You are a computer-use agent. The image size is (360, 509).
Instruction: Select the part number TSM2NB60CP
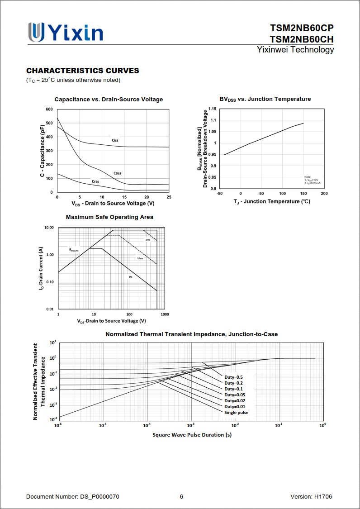(x=302, y=29)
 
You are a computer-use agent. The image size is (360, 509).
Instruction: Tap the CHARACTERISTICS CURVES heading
(x=83, y=71)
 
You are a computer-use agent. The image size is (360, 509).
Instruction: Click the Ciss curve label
(x=115, y=140)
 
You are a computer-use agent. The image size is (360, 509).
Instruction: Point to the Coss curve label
(x=117, y=173)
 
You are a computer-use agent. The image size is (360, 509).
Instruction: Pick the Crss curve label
(x=95, y=181)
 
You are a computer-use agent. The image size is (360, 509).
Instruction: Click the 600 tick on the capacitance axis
(x=49, y=109)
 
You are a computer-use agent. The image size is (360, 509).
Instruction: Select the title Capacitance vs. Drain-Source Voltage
(x=109, y=100)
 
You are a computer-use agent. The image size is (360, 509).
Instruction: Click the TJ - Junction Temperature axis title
(x=272, y=201)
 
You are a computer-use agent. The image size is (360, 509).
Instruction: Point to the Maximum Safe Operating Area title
(x=109, y=217)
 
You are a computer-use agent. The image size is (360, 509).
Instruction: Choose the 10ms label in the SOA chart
(x=140, y=258)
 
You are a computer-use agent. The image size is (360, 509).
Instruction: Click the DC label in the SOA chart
(x=131, y=276)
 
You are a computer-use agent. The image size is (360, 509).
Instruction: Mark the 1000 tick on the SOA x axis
(x=165, y=314)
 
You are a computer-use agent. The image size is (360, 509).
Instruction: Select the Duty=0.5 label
(x=233, y=377)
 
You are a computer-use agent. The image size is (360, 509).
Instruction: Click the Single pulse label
(x=236, y=412)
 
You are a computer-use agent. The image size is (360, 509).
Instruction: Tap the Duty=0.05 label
(x=235, y=395)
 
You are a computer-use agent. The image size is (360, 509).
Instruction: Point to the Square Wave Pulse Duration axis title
(x=192, y=435)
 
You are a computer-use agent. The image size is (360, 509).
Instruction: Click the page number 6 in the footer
(x=181, y=497)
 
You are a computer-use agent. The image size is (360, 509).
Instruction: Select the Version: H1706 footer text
(x=311, y=497)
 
